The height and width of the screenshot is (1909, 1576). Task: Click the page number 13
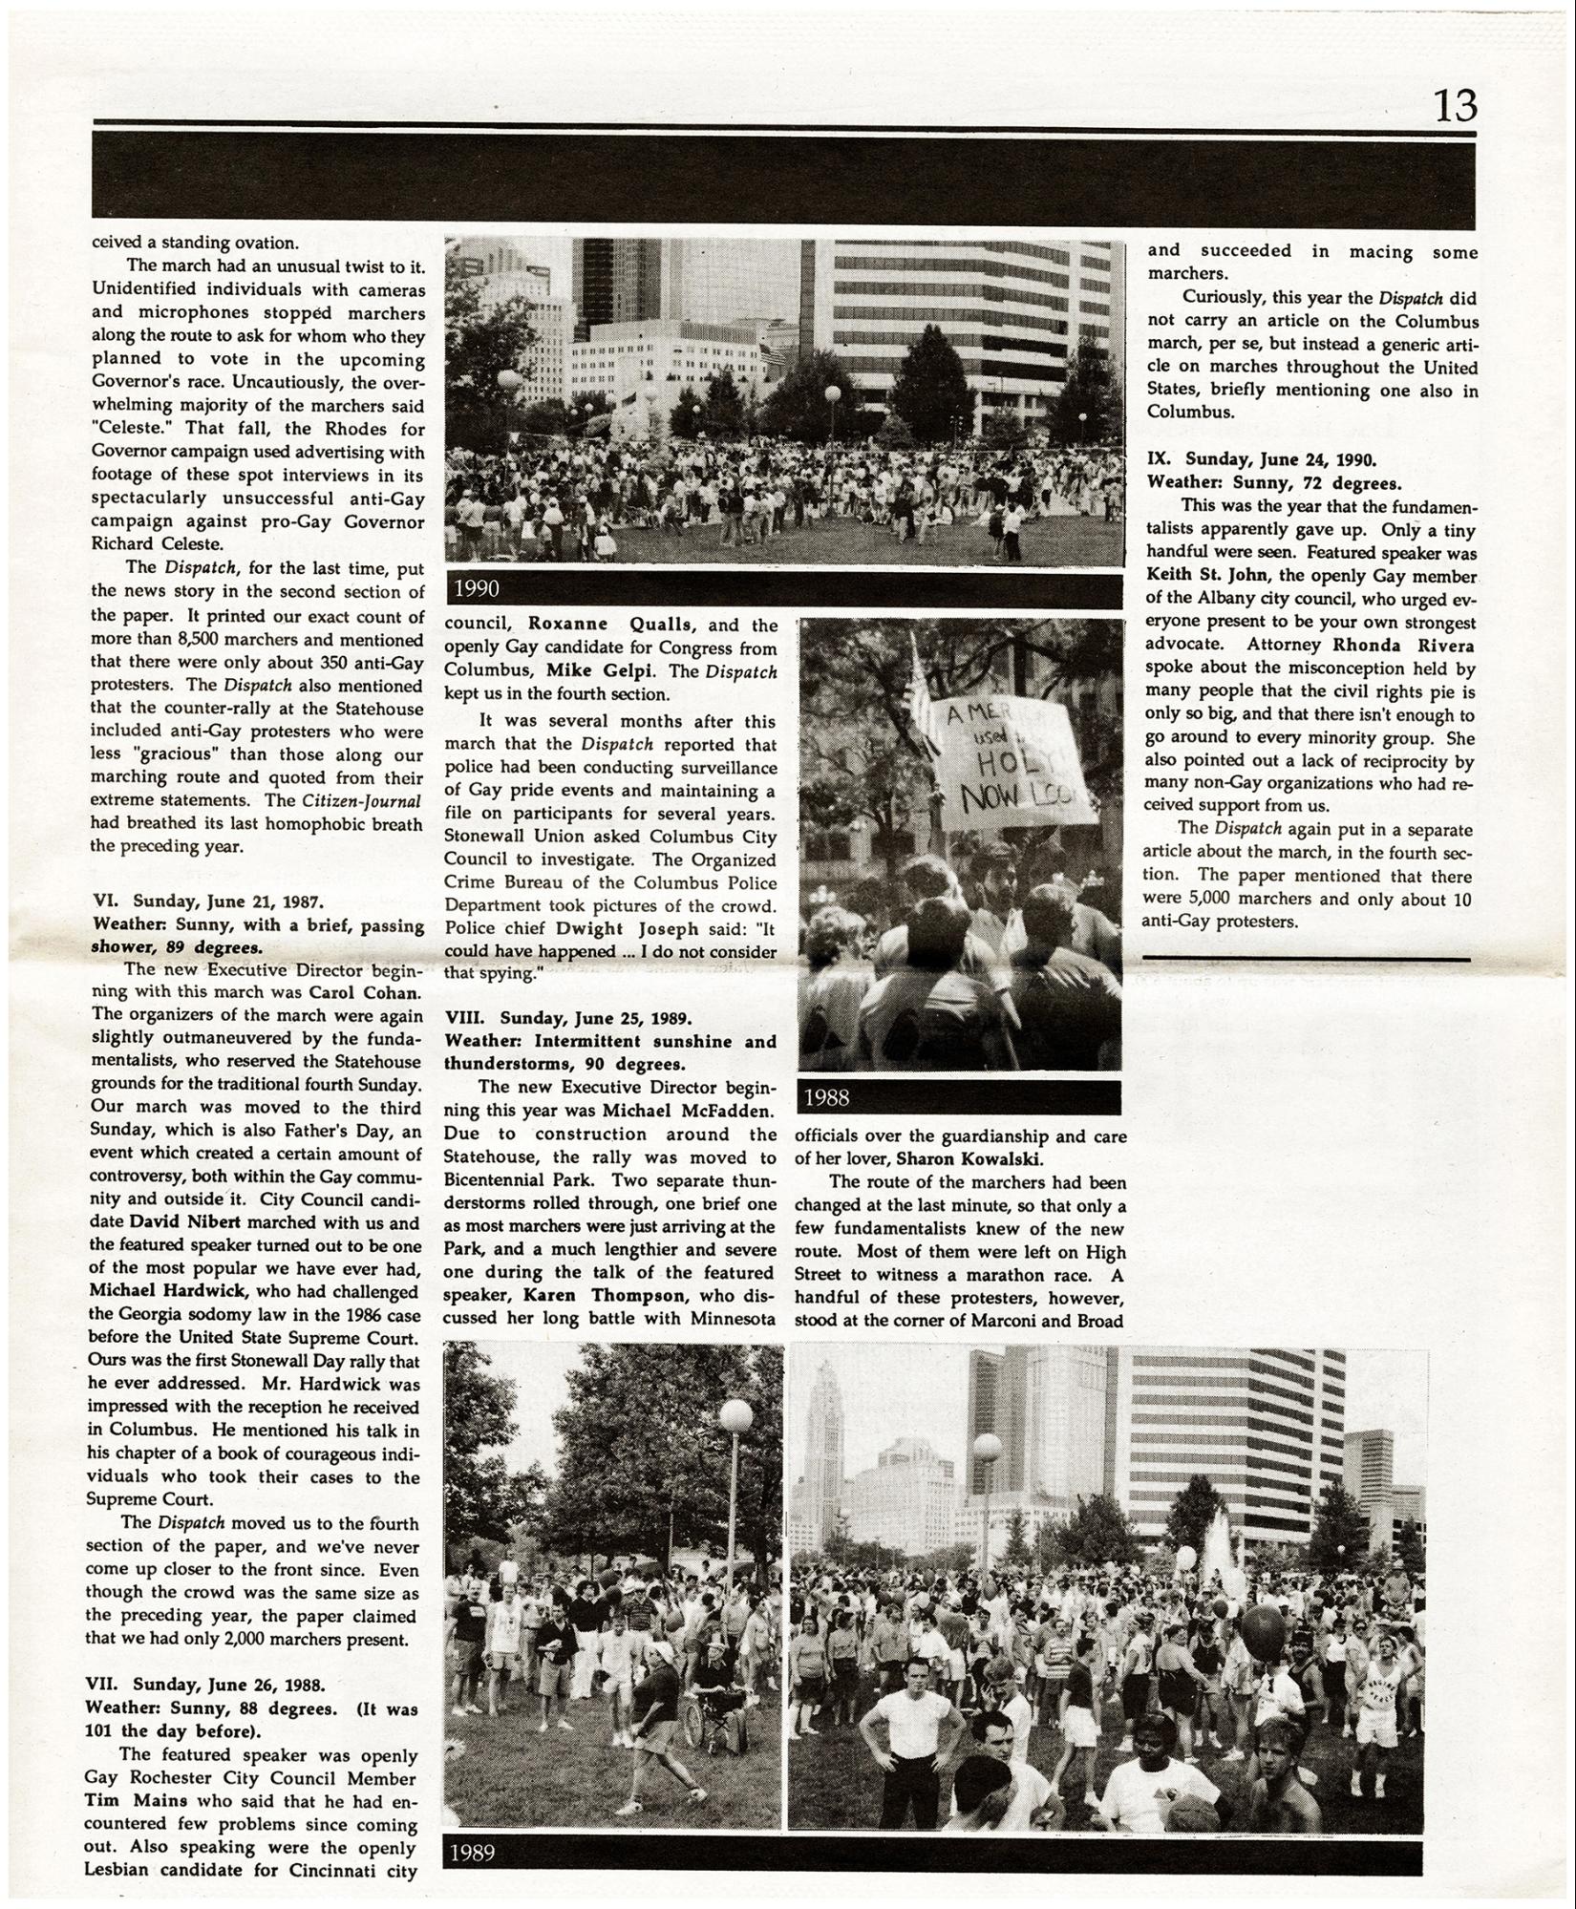1455,105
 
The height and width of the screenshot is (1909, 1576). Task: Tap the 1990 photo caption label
477,589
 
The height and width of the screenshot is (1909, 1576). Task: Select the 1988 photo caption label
827,1097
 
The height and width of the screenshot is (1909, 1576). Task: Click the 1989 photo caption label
472,1853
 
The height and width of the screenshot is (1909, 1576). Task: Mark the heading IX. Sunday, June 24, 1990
1261,458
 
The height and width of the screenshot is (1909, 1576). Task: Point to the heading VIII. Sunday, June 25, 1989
568,1018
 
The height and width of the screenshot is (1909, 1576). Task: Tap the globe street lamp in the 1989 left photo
735,1416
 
